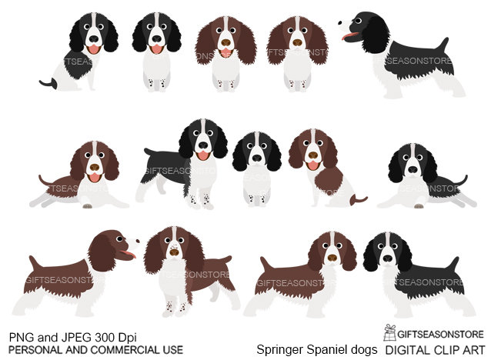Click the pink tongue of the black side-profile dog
click(x=350, y=37)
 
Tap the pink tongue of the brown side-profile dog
click(x=129, y=254)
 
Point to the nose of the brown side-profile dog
click(x=137, y=240)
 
